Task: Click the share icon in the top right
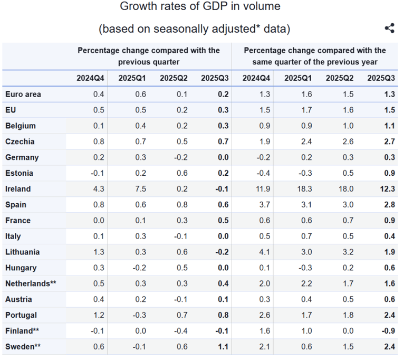(390, 29)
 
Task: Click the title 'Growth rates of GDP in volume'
(200, 7)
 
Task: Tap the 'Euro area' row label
(23, 94)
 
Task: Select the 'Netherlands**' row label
(31, 283)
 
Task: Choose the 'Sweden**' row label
(23, 347)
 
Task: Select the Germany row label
(22, 157)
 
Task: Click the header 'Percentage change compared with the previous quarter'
(149, 56)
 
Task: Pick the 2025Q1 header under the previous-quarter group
(133, 78)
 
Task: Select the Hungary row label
(21, 268)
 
